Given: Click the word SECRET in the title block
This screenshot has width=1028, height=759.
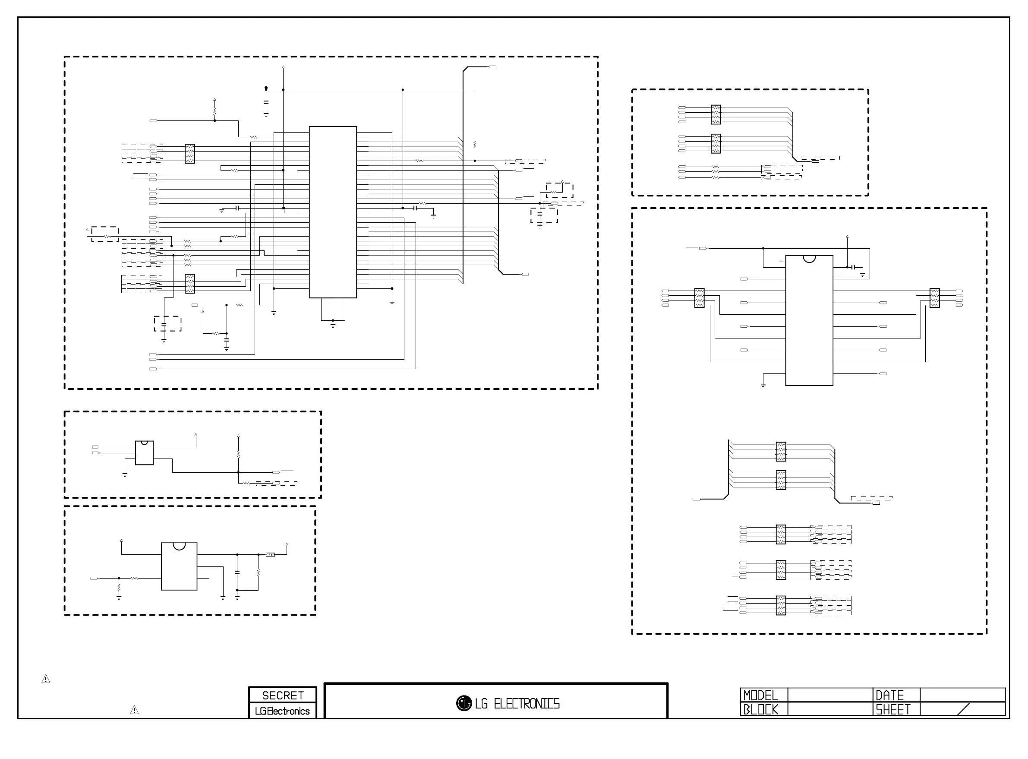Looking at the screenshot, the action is (282, 695).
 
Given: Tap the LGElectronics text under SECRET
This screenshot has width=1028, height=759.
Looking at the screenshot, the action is (282, 711).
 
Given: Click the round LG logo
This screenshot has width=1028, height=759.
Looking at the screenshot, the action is (464, 703).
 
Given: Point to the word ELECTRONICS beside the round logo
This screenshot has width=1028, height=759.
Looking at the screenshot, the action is (527, 704).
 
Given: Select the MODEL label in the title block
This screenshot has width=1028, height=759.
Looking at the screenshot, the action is (760, 695).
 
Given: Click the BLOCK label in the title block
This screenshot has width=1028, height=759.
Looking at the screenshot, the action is (761, 709).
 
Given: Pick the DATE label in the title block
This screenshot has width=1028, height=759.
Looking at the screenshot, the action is (889, 695).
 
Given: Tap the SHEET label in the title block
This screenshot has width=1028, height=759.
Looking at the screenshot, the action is (892, 709).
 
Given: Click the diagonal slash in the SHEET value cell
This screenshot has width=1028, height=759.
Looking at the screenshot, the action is (964, 709).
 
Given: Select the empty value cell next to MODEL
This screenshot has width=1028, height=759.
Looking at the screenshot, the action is (829, 695).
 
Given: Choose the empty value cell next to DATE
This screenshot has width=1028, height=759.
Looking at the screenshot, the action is (962, 695).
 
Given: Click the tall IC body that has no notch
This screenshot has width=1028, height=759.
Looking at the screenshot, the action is (333, 212).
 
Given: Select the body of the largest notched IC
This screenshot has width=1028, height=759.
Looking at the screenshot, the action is (809, 320).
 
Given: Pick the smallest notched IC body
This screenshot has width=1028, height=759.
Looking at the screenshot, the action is (144, 453).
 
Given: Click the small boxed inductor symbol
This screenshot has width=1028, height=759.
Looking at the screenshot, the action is (271, 554).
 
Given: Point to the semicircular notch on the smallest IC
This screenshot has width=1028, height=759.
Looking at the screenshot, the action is (144, 443).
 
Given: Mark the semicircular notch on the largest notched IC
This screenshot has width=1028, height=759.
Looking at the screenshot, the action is (809, 259).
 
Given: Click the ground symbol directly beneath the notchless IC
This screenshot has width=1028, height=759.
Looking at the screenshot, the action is (333, 325).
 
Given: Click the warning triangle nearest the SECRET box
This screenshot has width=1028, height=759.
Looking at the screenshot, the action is (134, 710).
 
